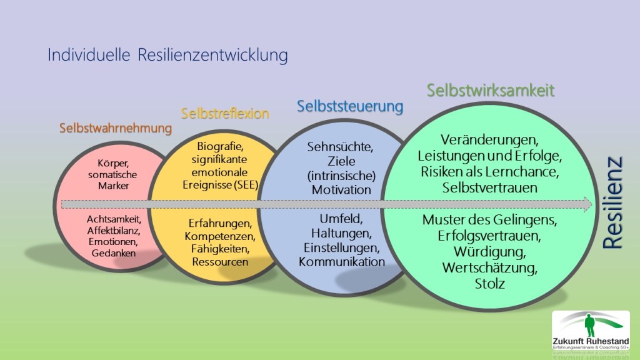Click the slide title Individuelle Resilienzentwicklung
pos(167,56)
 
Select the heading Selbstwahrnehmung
pos(116,129)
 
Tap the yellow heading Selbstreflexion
pos(225,114)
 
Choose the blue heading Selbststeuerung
pos(350,106)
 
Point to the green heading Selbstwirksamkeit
pos(491,90)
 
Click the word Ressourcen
pos(220,261)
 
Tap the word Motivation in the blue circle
pos(341,189)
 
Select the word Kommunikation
pos(341,261)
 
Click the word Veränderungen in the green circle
pos(489,139)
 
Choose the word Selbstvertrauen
pos(490,187)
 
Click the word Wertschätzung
pos(489,268)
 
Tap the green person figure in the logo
pos(588,325)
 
